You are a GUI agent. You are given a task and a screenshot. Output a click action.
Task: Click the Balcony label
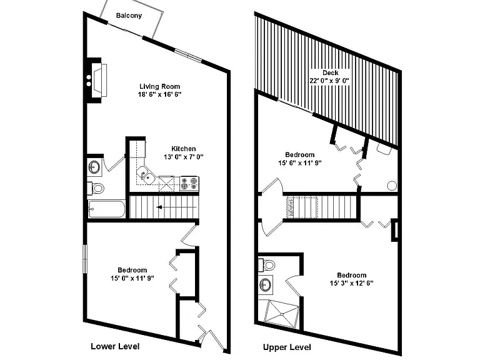pos(129,16)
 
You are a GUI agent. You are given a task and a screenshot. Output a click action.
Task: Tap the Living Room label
pos(160,86)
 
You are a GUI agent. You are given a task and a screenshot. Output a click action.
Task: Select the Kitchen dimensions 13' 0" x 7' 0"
pos(184,157)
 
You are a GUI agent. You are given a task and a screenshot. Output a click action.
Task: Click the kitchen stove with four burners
pos(189,184)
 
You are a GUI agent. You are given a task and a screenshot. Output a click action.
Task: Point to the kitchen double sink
pos(146,176)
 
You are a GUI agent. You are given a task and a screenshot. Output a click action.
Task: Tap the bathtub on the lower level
pos(106,209)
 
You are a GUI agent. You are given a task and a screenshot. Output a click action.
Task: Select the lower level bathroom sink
pos(94,167)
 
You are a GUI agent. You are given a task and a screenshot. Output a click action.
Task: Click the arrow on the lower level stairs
pos(176,207)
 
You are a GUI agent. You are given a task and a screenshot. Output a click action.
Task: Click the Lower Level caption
pos(115,346)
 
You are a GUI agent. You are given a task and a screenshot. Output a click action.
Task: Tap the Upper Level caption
pos(287,347)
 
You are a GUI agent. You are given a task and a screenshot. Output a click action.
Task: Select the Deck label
pos(330,73)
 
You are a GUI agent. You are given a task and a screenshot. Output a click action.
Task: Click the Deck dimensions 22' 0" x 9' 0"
pos(329,81)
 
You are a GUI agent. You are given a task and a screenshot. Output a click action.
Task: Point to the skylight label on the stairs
pos(291,207)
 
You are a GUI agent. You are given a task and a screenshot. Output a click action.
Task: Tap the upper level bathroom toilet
pos(266,265)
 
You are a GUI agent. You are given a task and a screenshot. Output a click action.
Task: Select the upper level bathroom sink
pos(265,285)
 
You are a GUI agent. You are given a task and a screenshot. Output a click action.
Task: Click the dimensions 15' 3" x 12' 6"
pos(352,283)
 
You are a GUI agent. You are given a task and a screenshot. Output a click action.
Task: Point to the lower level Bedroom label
pos(132,270)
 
